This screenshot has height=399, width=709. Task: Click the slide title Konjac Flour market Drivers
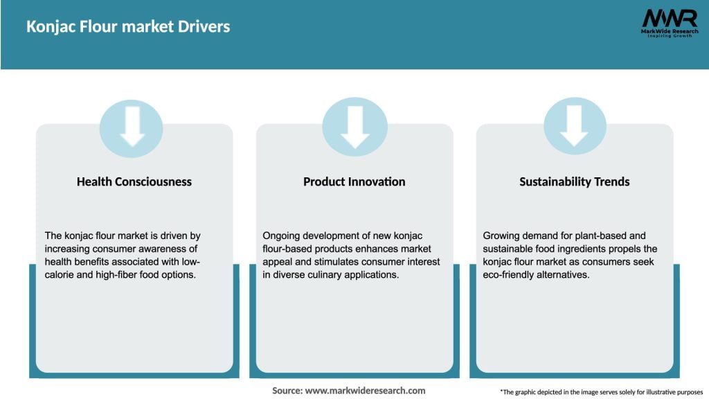[x=128, y=27]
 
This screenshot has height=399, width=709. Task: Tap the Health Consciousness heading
[x=134, y=181]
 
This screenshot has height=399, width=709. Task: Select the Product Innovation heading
[x=354, y=181]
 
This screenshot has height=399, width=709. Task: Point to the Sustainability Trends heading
[x=575, y=181]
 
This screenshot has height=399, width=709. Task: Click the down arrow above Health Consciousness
[x=132, y=127]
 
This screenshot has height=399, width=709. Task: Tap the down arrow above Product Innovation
[x=354, y=127]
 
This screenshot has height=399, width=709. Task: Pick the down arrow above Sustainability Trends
[x=575, y=127]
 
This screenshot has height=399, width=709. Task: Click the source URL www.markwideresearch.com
[x=366, y=391]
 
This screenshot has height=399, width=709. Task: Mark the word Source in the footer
[x=287, y=391]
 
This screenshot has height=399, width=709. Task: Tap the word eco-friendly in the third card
[x=512, y=274]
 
